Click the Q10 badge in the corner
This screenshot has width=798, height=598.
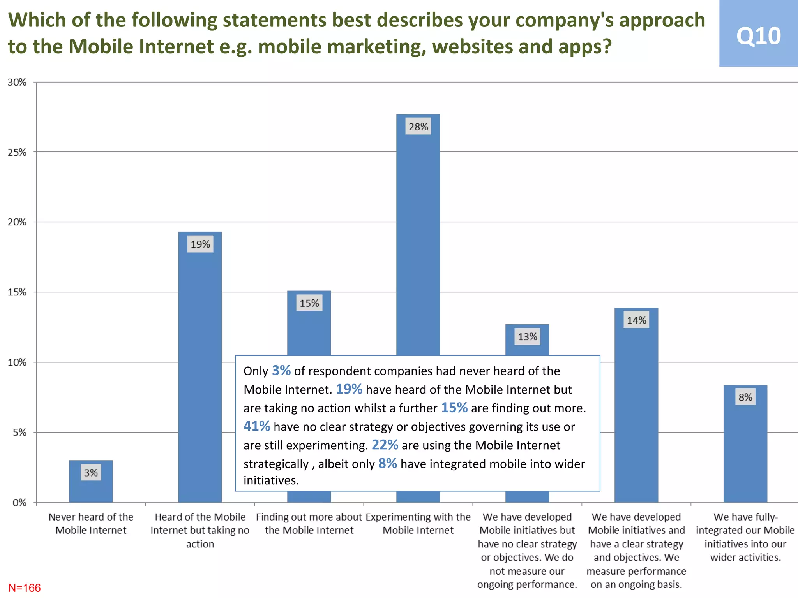point(758,35)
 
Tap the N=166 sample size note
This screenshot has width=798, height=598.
point(25,588)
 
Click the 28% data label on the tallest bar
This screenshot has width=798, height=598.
point(418,127)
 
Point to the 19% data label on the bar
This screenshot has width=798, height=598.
point(200,244)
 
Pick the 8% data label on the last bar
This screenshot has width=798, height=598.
point(745,397)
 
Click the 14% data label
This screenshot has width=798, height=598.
point(636,320)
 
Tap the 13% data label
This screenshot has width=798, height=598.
point(527,336)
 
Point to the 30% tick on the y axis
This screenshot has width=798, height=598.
point(17,82)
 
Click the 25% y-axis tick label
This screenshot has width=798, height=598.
point(17,152)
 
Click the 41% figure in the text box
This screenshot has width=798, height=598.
point(257,426)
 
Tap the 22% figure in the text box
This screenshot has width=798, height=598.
point(385,445)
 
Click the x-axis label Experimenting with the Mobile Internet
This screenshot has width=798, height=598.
point(418,523)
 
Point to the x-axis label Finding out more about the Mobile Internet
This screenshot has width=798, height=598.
point(309,523)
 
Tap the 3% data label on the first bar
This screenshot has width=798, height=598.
point(91,473)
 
